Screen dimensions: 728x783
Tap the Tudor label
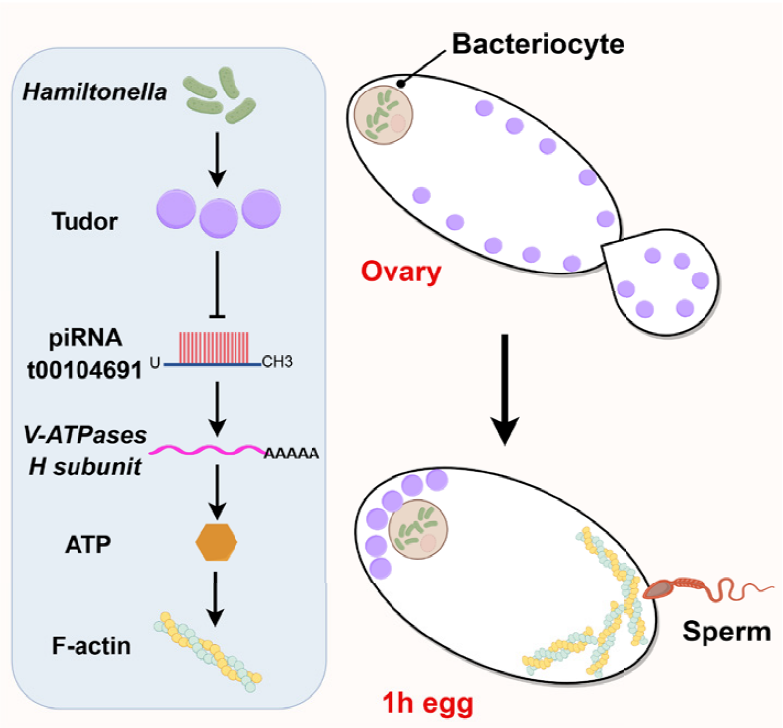point(84,222)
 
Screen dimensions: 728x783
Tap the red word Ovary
point(400,273)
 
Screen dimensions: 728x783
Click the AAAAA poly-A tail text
point(290,455)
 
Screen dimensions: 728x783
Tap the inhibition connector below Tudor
point(217,281)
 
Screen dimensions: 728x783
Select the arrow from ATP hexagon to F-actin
point(217,593)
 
